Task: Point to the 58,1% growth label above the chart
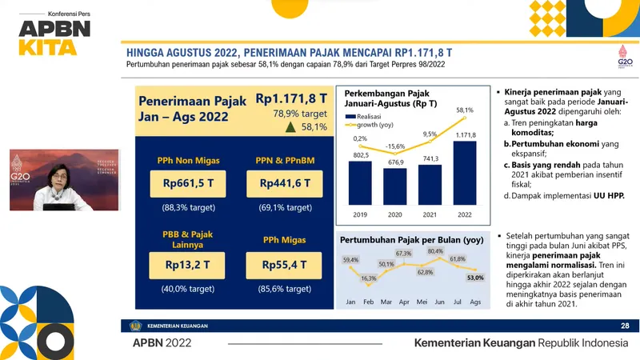[x=465, y=110]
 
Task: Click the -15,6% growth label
[x=395, y=146]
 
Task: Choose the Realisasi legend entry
[x=368, y=116]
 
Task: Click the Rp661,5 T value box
[x=186, y=183]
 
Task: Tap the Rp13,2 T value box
[x=186, y=263]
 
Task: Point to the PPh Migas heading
[x=286, y=238]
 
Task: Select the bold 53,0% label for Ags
[x=475, y=278]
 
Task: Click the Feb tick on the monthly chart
[x=369, y=302]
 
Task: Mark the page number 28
[x=625, y=326]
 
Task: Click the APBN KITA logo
[x=49, y=35]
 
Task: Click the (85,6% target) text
[x=286, y=288]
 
